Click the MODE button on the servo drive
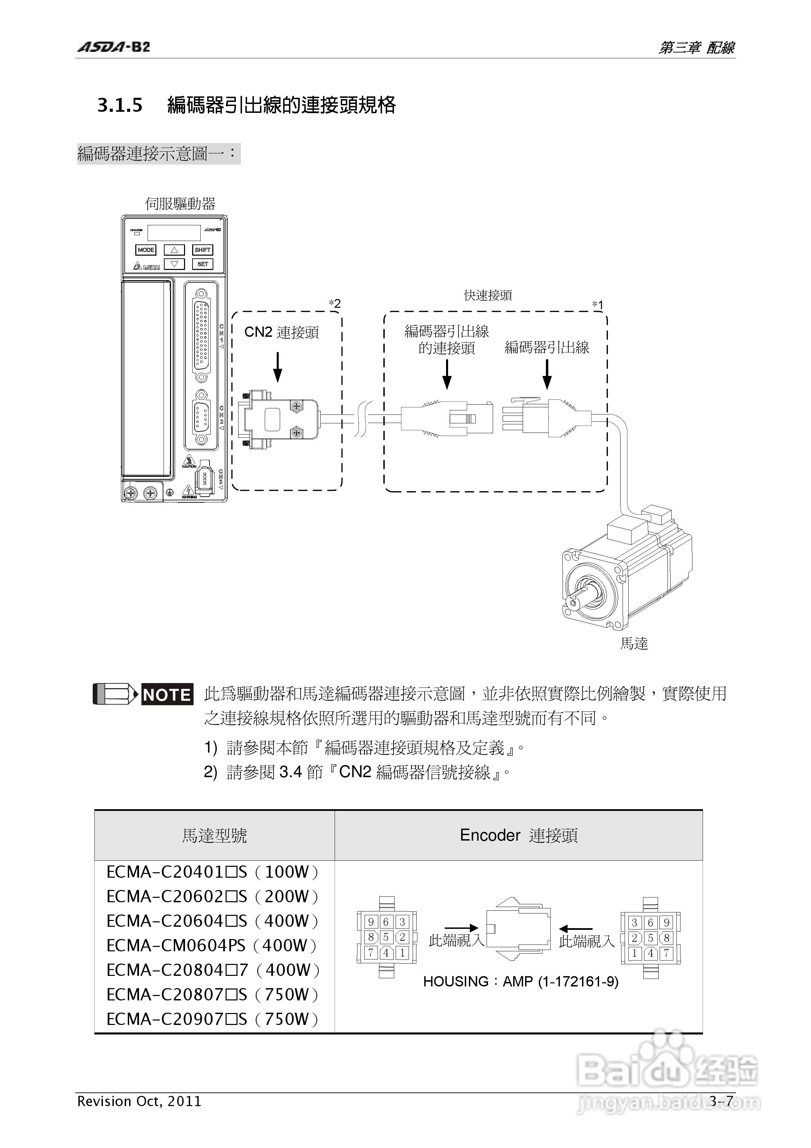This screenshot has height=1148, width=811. coord(146,250)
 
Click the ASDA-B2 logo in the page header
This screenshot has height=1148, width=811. coord(113,47)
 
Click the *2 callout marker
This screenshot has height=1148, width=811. coord(335,303)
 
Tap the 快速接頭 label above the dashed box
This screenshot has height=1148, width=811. coord(488,296)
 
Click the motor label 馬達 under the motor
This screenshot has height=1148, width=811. coord(634,644)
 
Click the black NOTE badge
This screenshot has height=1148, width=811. coord(167,695)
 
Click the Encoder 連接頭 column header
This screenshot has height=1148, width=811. coord(519,835)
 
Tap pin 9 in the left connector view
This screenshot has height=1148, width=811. coord(370,921)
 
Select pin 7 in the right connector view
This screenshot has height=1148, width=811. coord(666,953)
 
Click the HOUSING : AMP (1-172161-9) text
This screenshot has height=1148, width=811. coord(520,982)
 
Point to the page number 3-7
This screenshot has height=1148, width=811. coord(721,1101)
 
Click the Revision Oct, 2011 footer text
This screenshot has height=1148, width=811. coord(139,1101)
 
